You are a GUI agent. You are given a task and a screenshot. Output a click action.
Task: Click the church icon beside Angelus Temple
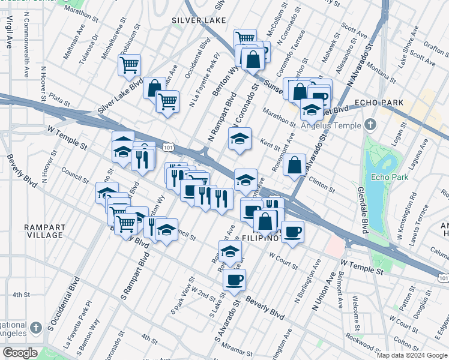pyautogui.click(x=370, y=125)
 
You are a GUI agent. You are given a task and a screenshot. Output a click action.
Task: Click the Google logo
pyautogui.click(x=20, y=353)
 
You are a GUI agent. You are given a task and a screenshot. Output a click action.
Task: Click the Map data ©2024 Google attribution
pyautogui.click(x=411, y=355)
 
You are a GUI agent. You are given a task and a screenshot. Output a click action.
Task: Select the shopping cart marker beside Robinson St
pyautogui.click(x=130, y=65)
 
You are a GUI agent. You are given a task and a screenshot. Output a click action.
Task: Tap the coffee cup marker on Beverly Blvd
pyautogui.click(x=235, y=279)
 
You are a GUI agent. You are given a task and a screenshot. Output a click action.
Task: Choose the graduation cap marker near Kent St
pyautogui.click(x=240, y=139)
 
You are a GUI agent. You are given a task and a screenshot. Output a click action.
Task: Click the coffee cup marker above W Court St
pyautogui.click(x=292, y=232)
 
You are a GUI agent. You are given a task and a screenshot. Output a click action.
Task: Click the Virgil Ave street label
pyautogui.click(x=10, y=32)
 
